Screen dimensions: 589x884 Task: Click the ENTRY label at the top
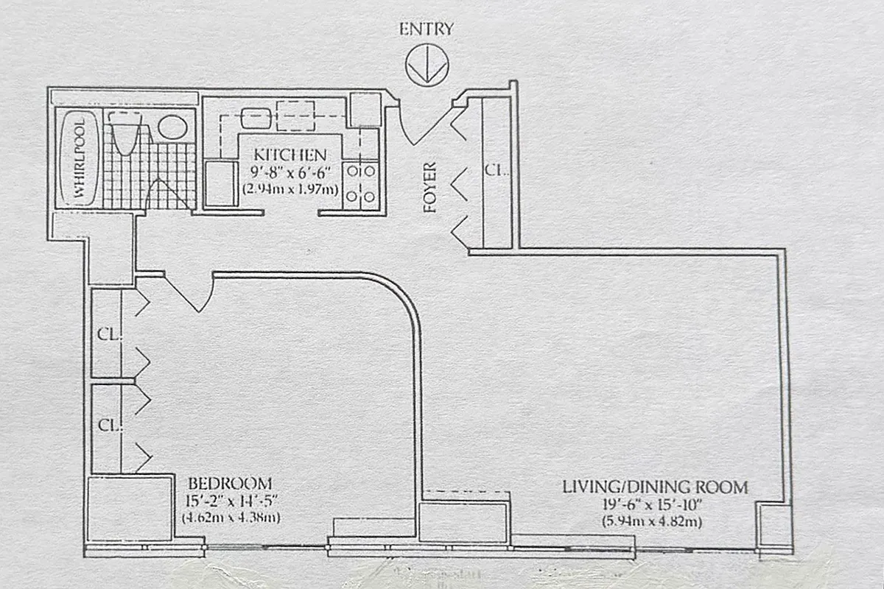[x=427, y=29]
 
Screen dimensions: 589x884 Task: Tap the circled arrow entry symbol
[x=427, y=65]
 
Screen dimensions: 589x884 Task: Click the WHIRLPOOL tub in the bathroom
[x=77, y=159]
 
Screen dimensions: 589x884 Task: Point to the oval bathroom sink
[x=172, y=127]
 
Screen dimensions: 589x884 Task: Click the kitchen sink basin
[x=256, y=118]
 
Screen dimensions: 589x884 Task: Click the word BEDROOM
[x=230, y=484]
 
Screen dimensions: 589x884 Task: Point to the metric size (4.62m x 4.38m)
[x=231, y=518]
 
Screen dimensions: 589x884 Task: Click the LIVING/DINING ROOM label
[x=655, y=487]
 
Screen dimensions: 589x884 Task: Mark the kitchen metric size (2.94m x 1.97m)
[x=290, y=189]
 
